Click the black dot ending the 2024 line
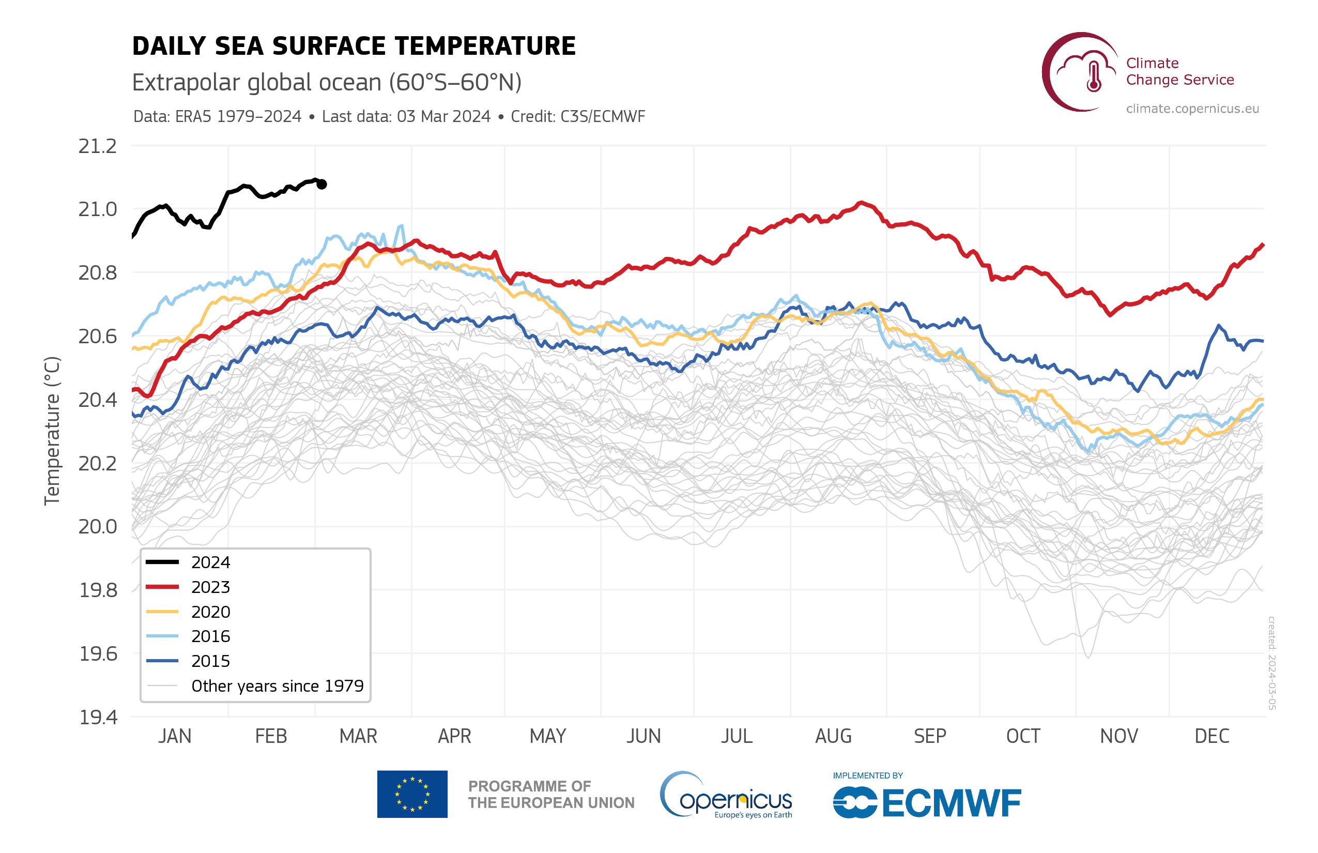pos(321,184)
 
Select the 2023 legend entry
pos(210,587)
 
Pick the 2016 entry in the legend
pos(210,636)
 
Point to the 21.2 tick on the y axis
pos(98,146)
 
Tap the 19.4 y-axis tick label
pos(98,718)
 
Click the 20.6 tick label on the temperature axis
pos(98,336)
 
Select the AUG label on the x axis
pos(833,736)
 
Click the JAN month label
pos(175,736)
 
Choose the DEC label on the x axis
pos(1212,736)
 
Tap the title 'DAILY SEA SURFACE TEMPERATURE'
pos(354,46)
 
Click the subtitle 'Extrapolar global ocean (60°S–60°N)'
pos(327,83)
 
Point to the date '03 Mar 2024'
pos(443,116)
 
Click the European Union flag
pos(412,794)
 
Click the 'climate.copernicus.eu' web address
pos(1192,109)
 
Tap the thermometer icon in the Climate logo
pos(1094,76)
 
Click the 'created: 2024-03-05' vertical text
pos(1272,663)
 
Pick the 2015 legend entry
pos(210,661)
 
